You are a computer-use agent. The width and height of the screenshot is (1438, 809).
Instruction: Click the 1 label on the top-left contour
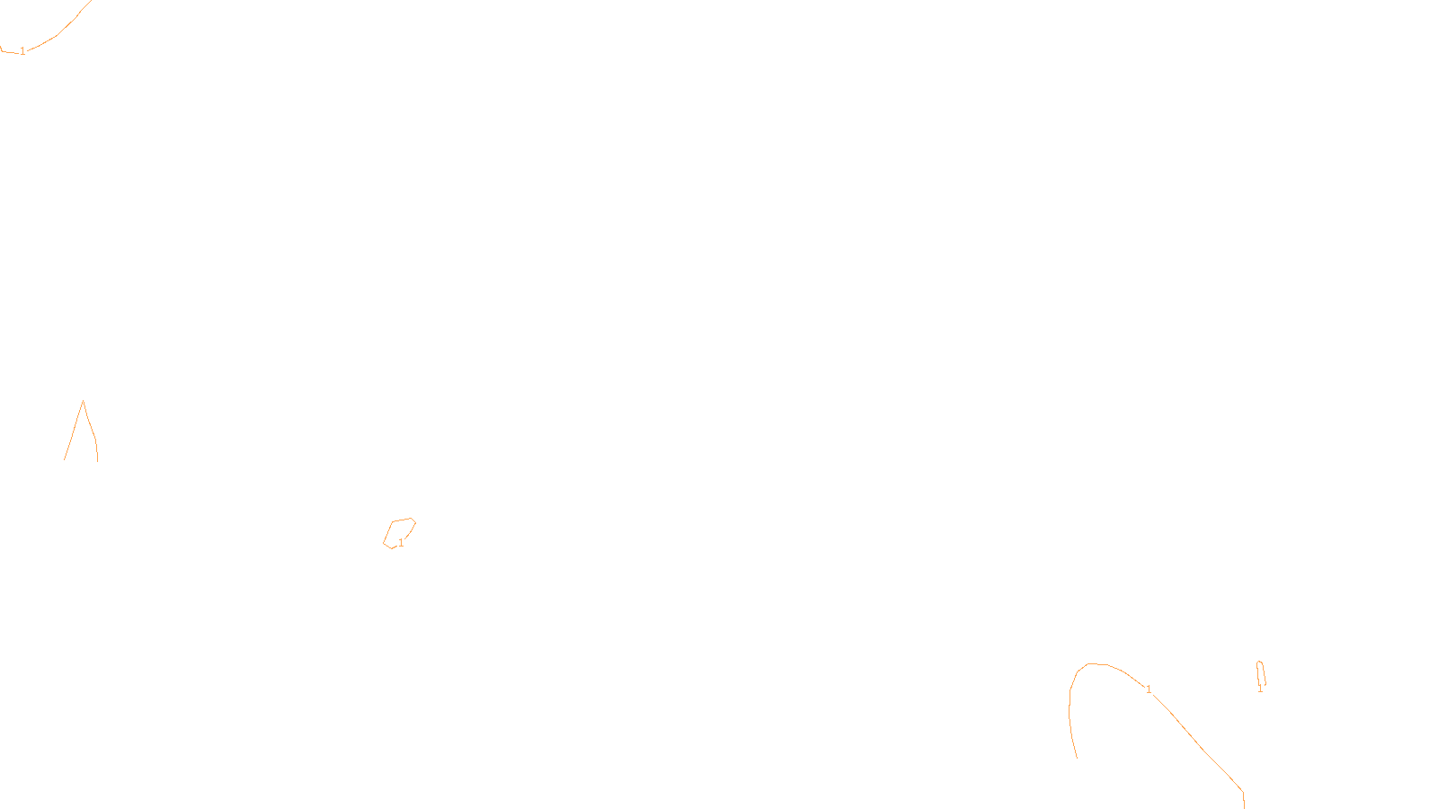22,51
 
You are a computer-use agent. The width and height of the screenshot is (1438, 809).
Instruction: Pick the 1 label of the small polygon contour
401,543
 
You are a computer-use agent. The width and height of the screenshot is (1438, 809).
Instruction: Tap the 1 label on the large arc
1149,689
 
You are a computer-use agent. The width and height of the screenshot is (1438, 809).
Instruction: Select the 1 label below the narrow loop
1260,689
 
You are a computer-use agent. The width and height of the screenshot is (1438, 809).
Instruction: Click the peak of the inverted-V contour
83,401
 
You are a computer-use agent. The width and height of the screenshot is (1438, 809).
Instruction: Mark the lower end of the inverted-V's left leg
65,459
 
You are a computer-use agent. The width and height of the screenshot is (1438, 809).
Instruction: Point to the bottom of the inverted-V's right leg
97,460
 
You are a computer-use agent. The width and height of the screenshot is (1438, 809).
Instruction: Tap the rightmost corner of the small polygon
415,522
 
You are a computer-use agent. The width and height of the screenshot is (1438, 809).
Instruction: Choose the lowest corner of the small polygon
391,548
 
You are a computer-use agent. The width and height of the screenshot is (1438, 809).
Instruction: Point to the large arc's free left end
1077,758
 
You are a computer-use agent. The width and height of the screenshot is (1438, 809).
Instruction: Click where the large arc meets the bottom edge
1244,806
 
